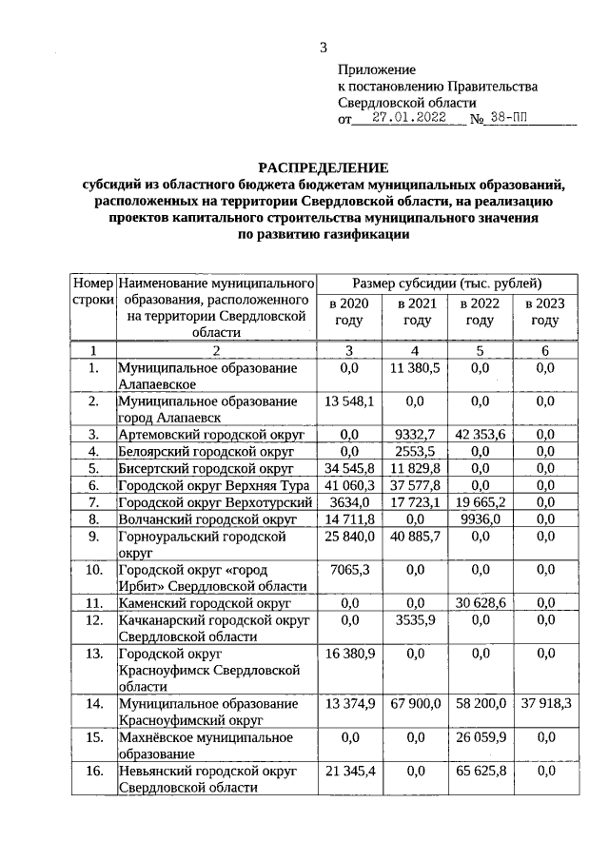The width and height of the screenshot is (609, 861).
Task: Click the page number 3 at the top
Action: pos(323,48)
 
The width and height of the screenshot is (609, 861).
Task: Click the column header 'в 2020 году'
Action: pos(347,312)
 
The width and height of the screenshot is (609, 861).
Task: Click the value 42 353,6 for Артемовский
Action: pos(480,434)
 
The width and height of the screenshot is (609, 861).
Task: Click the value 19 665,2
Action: pos(480,502)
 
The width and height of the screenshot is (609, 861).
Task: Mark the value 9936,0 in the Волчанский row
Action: pos(480,519)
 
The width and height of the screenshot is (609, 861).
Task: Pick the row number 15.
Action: pos(92,736)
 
